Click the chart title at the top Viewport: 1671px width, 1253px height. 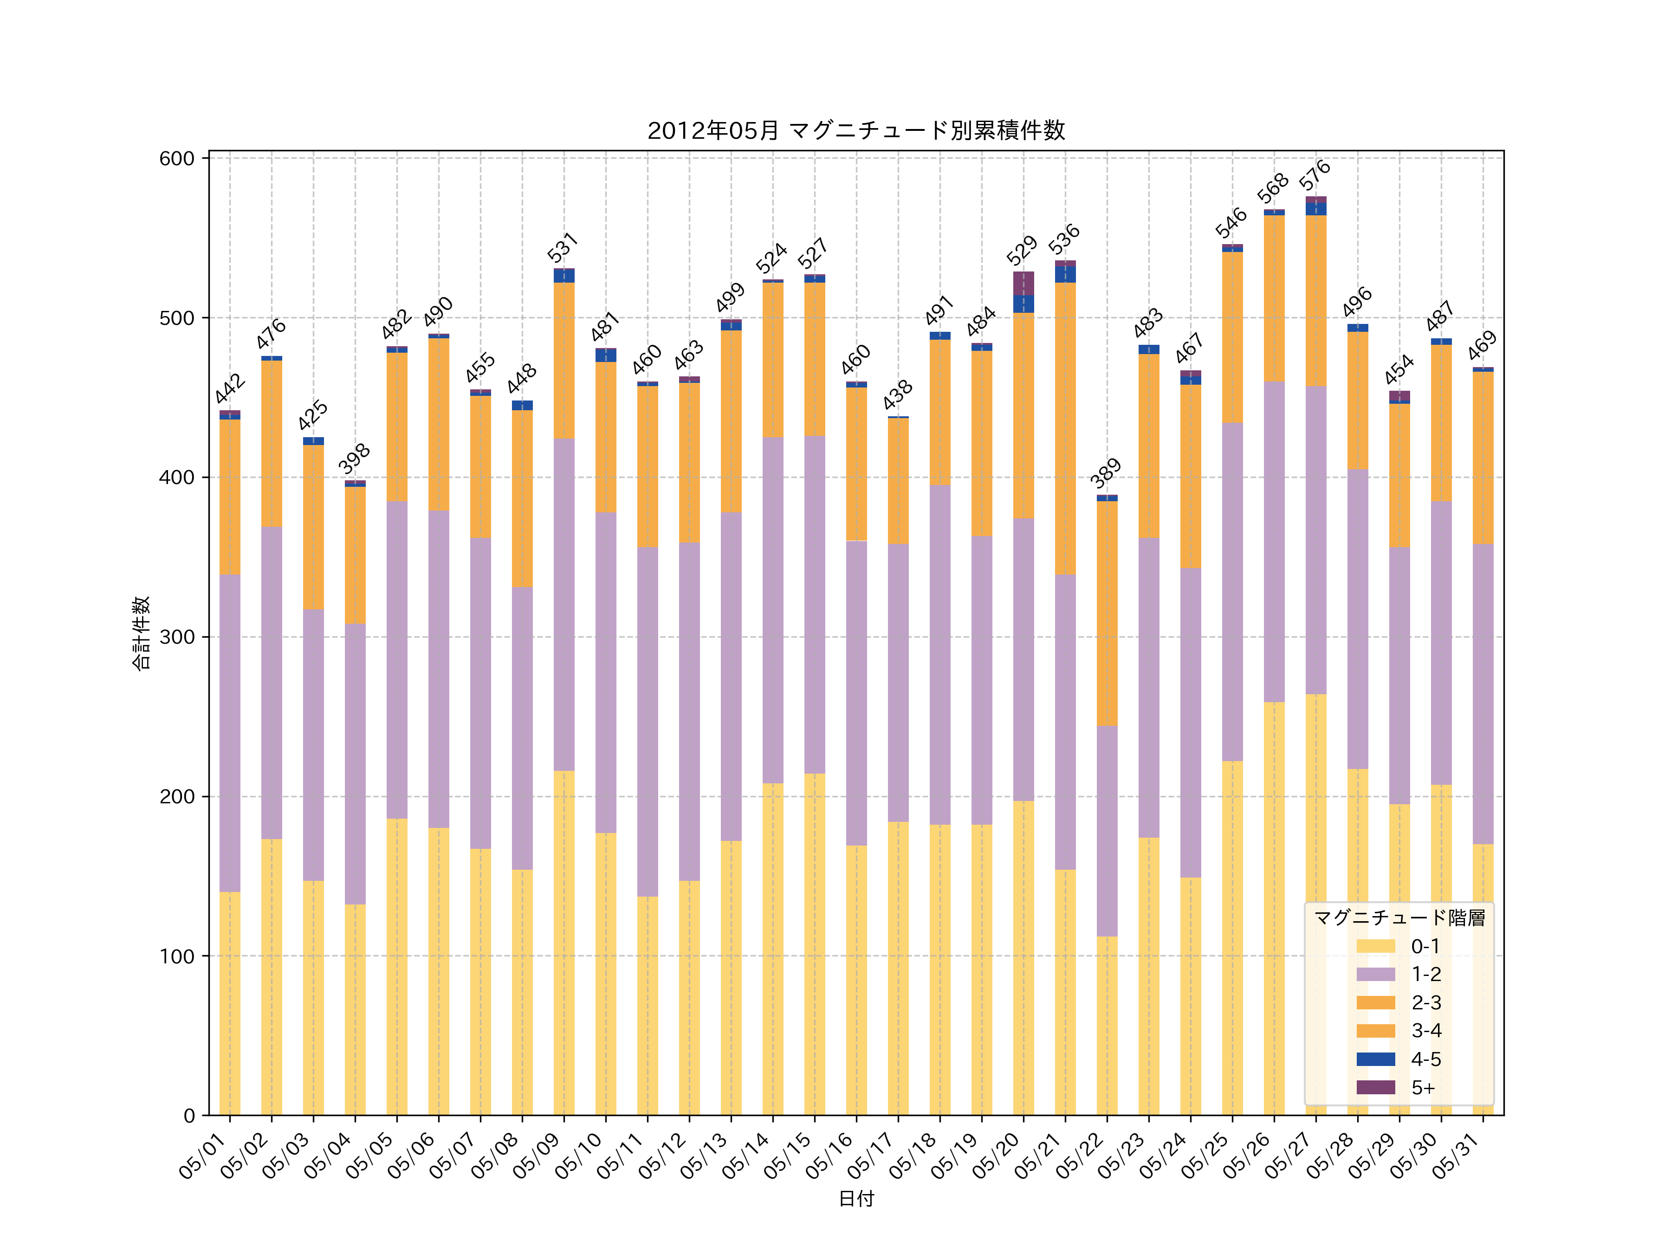856,131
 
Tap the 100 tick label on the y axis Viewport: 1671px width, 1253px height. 177,956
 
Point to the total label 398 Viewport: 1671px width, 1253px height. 354,459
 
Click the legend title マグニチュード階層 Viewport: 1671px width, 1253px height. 1399,917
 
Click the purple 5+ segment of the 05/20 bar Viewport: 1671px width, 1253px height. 1023,283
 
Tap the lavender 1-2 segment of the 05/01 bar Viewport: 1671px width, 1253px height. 230,733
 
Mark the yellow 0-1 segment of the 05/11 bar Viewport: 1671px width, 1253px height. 648,1005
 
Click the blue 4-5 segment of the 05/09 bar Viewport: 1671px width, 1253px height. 563,276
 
